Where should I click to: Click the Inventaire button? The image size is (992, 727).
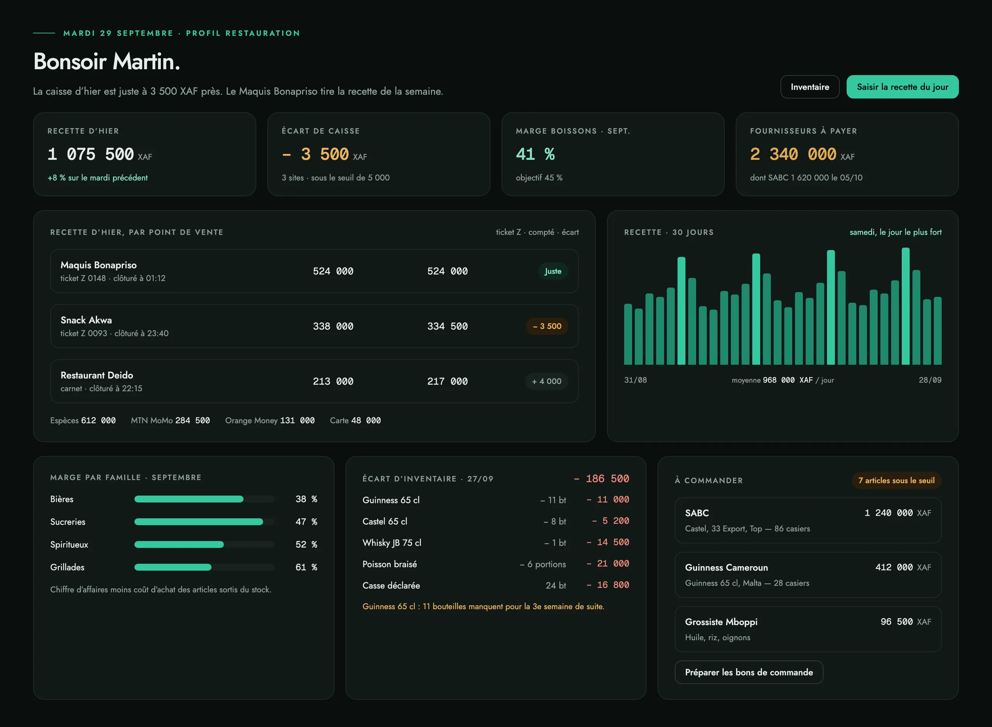(809, 87)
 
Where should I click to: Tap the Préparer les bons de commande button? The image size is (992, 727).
(749, 672)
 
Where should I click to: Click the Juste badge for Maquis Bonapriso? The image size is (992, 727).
(553, 271)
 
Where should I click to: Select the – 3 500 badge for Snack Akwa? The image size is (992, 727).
(547, 326)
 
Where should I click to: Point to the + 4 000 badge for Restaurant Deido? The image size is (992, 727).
(546, 381)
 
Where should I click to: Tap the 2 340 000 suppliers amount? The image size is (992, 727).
(793, 154)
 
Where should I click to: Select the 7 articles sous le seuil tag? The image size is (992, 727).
(896, 480)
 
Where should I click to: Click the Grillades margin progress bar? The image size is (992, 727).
(204, 567)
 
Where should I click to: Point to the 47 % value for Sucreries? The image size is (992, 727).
(306, 522)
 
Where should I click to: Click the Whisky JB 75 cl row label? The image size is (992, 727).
(391, 543)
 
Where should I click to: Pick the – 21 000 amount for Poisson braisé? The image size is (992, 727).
(608, 563)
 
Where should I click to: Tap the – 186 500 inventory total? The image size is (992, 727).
(601, 478)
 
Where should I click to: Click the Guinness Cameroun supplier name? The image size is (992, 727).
(726, 567)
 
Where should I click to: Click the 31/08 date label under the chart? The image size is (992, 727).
(635, 380)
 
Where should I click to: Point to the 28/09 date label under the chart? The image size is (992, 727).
(930, 380)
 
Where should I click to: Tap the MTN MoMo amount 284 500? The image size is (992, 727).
(193, 420)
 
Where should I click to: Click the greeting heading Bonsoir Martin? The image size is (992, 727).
(107, 61)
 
